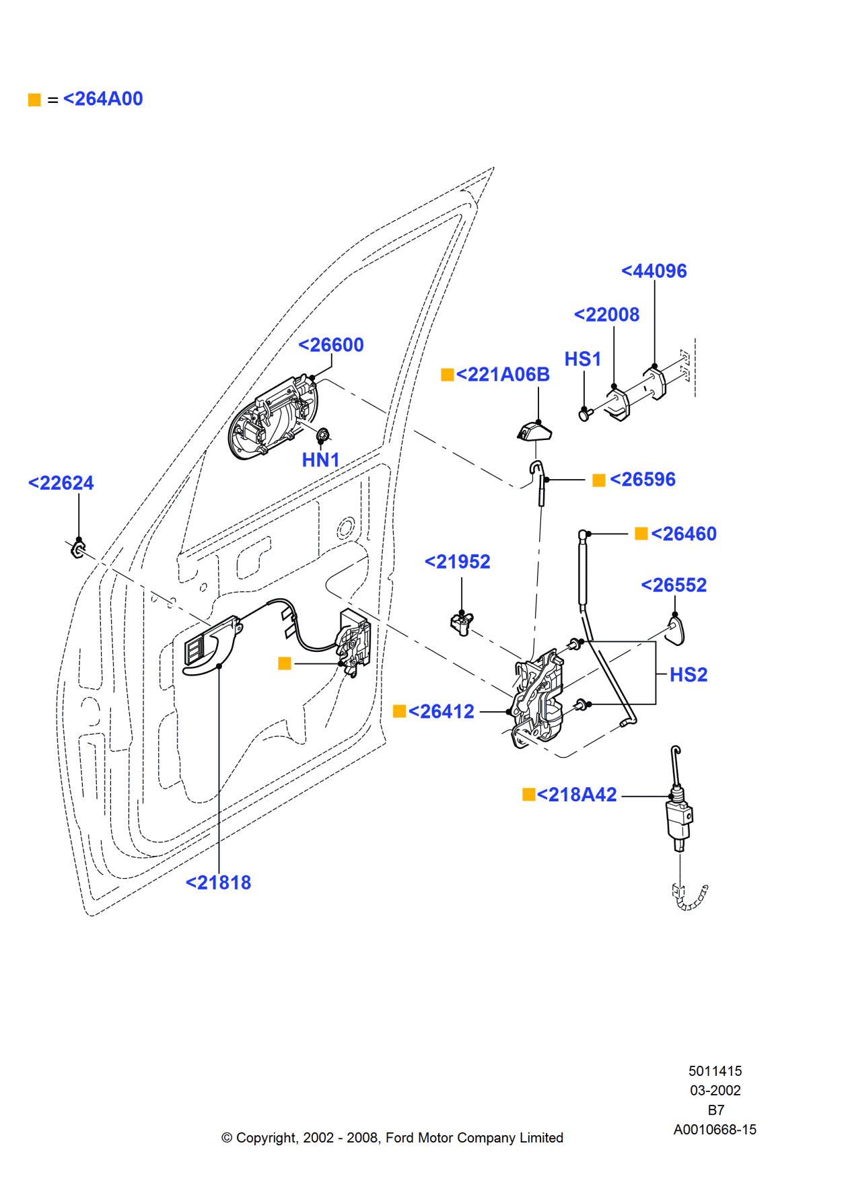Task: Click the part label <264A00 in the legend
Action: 102,99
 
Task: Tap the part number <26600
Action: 330,345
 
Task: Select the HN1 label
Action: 320,460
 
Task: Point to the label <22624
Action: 61,483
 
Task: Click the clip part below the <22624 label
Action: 78,550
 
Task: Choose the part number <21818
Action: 218,883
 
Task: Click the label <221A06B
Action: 502,375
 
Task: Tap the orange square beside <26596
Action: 598,480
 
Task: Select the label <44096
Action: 653,271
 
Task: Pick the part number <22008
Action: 606,315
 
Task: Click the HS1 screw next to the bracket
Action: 584,414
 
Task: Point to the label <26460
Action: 683,534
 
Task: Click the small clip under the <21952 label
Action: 461,624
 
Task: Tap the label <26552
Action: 674,585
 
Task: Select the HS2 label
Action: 688,675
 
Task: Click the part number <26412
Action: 441,712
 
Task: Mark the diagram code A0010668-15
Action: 715,1130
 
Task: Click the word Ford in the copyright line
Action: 399,1138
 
